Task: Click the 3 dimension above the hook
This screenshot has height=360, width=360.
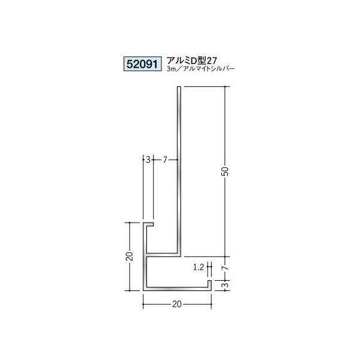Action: [148, 160]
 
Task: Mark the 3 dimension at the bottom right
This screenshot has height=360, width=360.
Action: [226, 284]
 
